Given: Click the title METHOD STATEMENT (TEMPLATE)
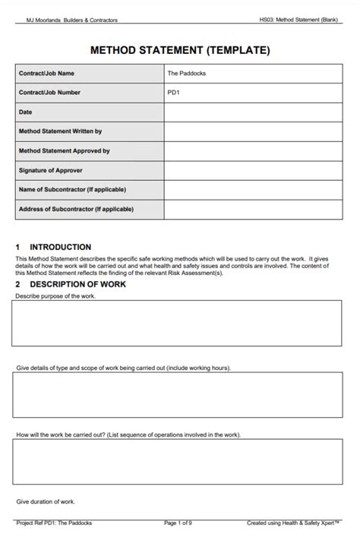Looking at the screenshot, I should (x=180, y=50).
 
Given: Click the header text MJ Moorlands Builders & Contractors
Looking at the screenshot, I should (x=67, y=20).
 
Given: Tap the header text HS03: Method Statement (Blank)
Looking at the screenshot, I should (x=298, y=20).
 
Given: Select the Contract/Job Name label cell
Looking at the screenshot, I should (x=89, y=74).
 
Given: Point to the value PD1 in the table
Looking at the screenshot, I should (x=174, y=93).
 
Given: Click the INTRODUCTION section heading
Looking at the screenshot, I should (x=60, y=247).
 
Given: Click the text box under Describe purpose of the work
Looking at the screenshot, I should (x=180, y=323).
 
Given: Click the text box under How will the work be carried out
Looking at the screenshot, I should (x=180, y=463).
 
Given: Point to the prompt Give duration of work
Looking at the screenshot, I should (x=46, y=502).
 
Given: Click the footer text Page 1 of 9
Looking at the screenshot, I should (x=178, y=523).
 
